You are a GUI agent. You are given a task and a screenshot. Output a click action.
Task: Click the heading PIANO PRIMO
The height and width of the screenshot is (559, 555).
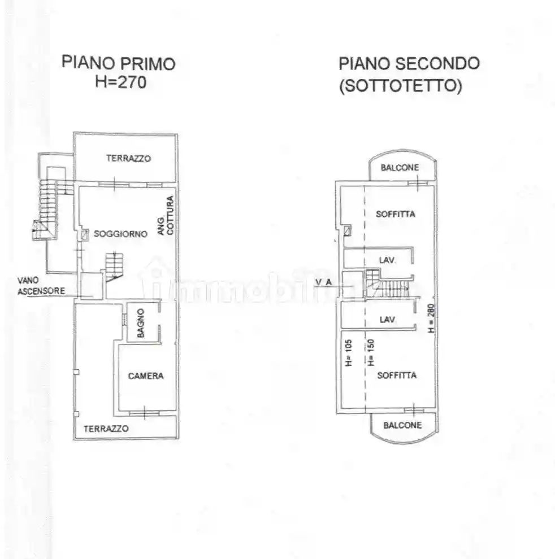[x=118, y=63]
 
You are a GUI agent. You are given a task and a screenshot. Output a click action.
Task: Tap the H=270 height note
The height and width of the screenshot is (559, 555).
[x=120, y=82]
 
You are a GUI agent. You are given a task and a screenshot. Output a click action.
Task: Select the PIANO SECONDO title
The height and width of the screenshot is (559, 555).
[x=409, y=63]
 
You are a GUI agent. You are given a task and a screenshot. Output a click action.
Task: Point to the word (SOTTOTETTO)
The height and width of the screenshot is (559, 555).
[x=400, y=86]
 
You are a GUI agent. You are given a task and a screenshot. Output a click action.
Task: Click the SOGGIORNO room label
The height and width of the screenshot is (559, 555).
[x=120, y=234]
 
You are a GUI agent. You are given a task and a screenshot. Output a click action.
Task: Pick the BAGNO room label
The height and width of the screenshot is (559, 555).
[x=141, y=323]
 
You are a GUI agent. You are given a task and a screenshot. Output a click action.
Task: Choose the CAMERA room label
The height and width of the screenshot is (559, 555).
[x=145, y=375]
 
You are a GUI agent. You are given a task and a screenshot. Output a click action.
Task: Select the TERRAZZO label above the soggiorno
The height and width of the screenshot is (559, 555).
[x=128, y=159]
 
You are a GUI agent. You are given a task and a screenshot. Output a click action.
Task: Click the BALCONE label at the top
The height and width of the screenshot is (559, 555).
[x=400, y=168]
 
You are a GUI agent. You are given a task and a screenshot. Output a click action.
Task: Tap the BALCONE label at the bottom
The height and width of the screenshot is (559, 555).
[x=402, y=425]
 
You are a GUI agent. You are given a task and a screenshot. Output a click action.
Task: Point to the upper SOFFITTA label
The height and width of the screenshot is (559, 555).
[x=396, y=214]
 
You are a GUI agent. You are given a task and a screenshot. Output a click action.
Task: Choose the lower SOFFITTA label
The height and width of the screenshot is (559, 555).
[x=397, y=375]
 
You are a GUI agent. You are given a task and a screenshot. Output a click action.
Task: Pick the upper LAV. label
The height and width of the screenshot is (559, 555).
[x=387, y=260]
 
